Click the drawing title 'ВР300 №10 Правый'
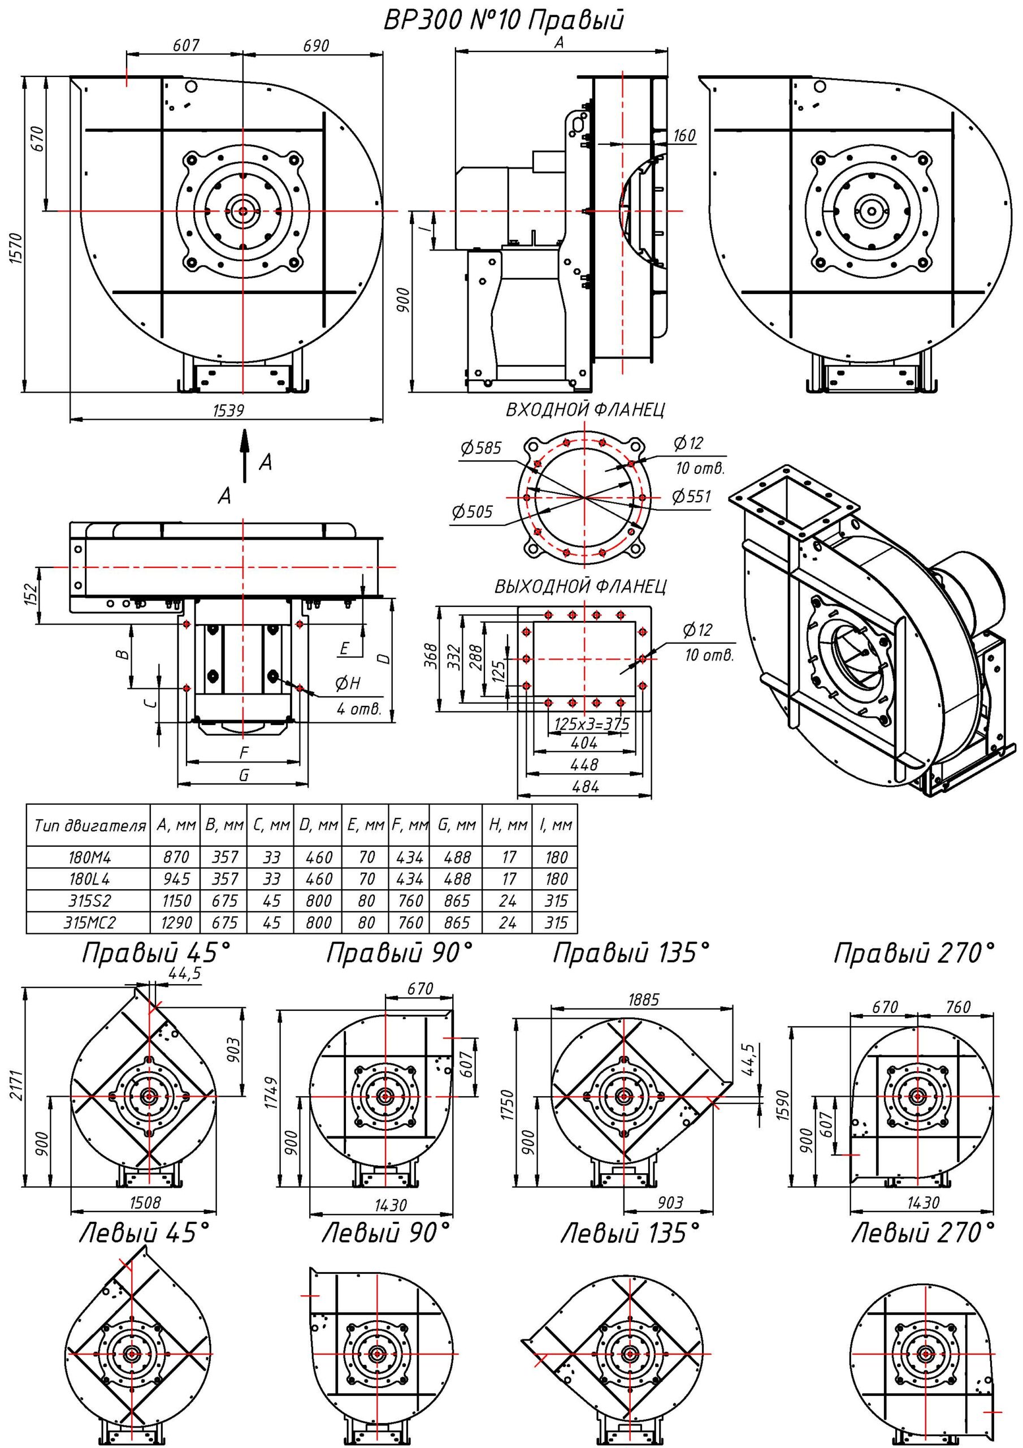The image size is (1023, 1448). click(x=504, y=20)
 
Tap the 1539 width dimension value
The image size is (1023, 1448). click(x=229, y=411)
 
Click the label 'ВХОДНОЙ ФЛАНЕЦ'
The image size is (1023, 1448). click(x=585, y=410)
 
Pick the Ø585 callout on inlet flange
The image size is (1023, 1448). click(x=481, y=449)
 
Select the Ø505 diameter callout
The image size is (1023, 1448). click(x=472, y=511)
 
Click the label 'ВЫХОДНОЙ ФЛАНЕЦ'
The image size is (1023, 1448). click(x=580, y=587)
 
